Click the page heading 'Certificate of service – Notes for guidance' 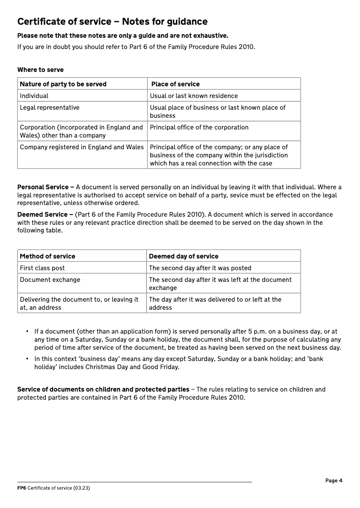(112, 22)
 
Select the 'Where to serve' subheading (40, 70)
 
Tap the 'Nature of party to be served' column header (63, 84)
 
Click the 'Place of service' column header (175, 84)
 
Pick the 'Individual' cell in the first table (34, 96)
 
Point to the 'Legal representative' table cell (49, 107)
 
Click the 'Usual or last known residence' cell (194, 96)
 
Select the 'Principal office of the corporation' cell (199, 127)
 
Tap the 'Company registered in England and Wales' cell (82, 147)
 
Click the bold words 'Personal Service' (43, 187)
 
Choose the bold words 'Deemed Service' (42, 214)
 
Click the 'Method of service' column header (48, 256)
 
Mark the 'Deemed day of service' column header (184, 256)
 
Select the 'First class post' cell (42, 268)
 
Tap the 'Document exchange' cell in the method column (50, 280)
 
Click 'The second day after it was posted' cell (200, 268)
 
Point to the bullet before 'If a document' (27, 332)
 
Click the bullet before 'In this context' (27, 359)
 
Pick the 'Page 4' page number (334, 481)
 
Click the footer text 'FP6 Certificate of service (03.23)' (54, 488)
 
